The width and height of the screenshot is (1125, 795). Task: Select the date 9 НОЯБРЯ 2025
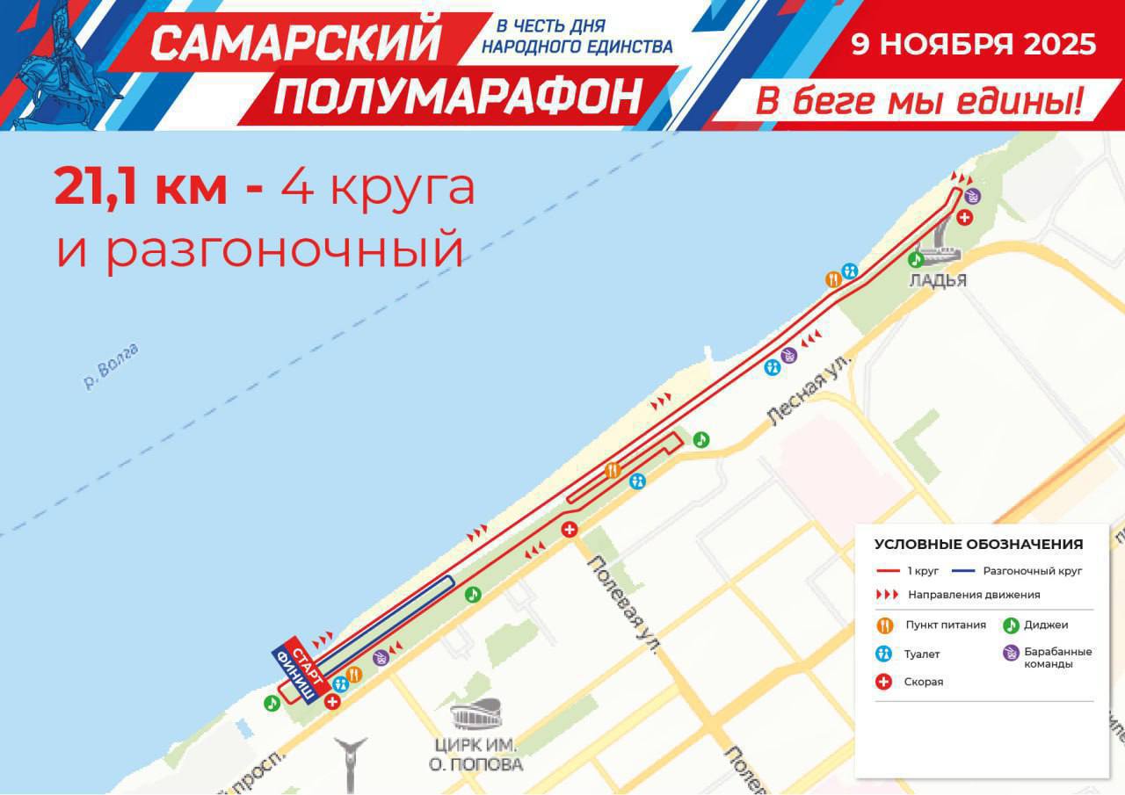click(973, 44)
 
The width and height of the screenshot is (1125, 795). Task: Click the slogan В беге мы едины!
click(918, 102)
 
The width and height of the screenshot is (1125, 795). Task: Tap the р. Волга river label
click(111, 366)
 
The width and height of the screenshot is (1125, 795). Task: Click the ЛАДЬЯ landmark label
click(939, 281)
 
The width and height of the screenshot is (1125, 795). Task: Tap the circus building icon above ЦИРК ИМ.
click(478, 714)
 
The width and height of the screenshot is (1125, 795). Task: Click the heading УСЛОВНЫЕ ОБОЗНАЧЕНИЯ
click(978, 544)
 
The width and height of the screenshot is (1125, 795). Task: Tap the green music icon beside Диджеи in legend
click(1011, 625)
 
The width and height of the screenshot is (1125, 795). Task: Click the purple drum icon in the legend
click(1011, 653)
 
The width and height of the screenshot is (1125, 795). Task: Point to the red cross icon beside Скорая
click(884, 682)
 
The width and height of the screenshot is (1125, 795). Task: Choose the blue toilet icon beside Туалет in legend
click(884, 654)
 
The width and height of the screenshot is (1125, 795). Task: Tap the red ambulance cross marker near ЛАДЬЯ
click(964, 217)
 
